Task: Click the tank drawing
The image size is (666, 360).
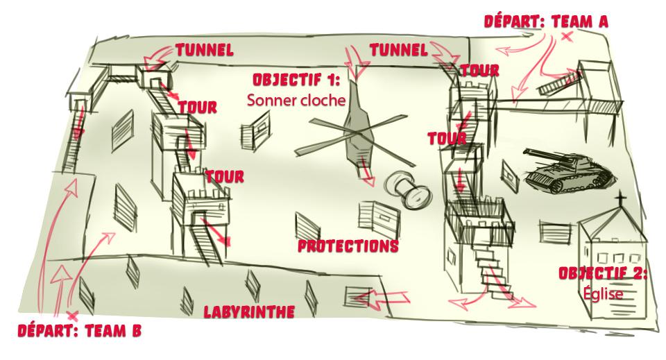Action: coord(563,171)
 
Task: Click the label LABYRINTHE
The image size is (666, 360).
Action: coord(248,311)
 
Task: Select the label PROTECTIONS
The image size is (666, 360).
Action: coord(348,246)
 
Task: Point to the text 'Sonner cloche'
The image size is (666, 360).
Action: coord(296,100)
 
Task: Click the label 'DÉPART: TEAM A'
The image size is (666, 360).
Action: coord(547,22)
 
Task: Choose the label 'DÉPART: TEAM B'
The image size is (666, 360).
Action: coord(79,331)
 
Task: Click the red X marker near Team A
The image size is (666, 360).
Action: coord(567,37)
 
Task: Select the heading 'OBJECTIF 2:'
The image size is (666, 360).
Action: coord(602,273)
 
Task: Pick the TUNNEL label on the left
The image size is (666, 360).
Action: coord(204,50)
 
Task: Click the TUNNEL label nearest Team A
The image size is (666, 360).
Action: coord(398,50)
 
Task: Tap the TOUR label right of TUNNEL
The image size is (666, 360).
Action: coord(479,71)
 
